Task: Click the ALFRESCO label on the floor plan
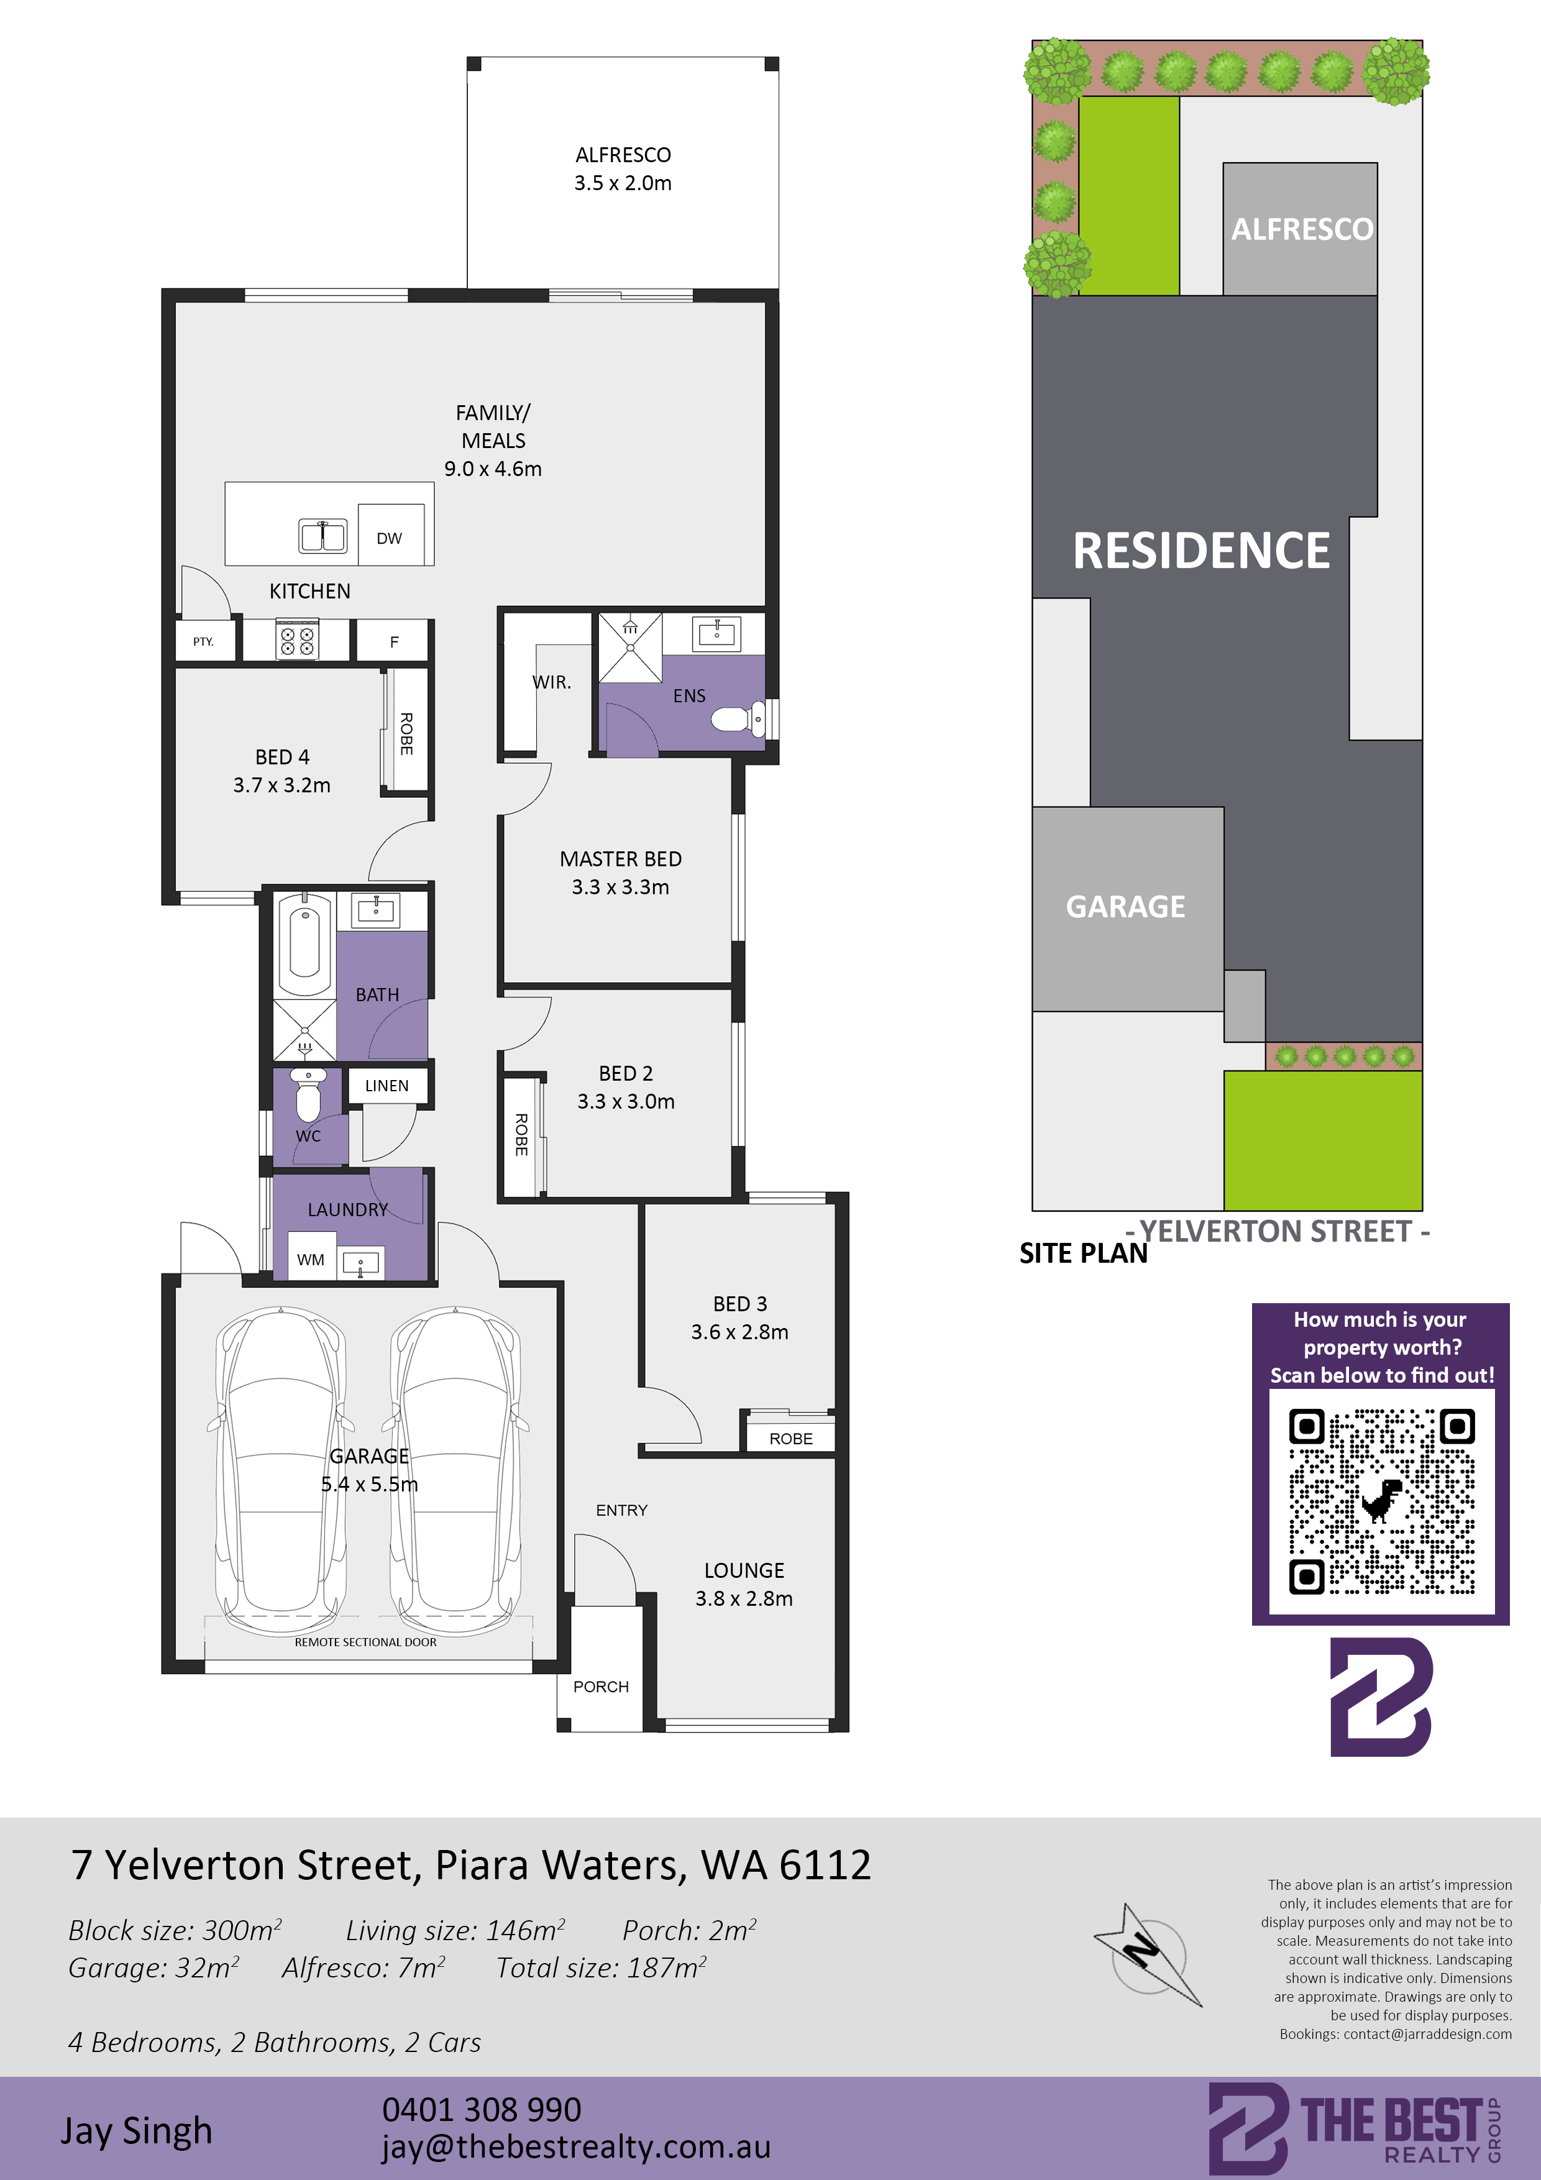coord(623,155)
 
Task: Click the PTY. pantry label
coord(203,642)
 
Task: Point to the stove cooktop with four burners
coord(296,639)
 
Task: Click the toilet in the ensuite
coord(738,719)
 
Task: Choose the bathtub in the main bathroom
coord(304,943)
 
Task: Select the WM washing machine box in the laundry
coord(311,1260)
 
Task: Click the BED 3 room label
coord(739,1304)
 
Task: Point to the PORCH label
coord(601,1687)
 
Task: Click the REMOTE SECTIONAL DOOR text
coord(365,1642)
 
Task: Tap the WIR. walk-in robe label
coord(552,682)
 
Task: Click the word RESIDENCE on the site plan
coord(1201,551)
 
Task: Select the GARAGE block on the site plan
coord(1127,909)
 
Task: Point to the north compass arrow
coord(1148,1954)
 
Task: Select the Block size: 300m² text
coord(175,1930)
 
